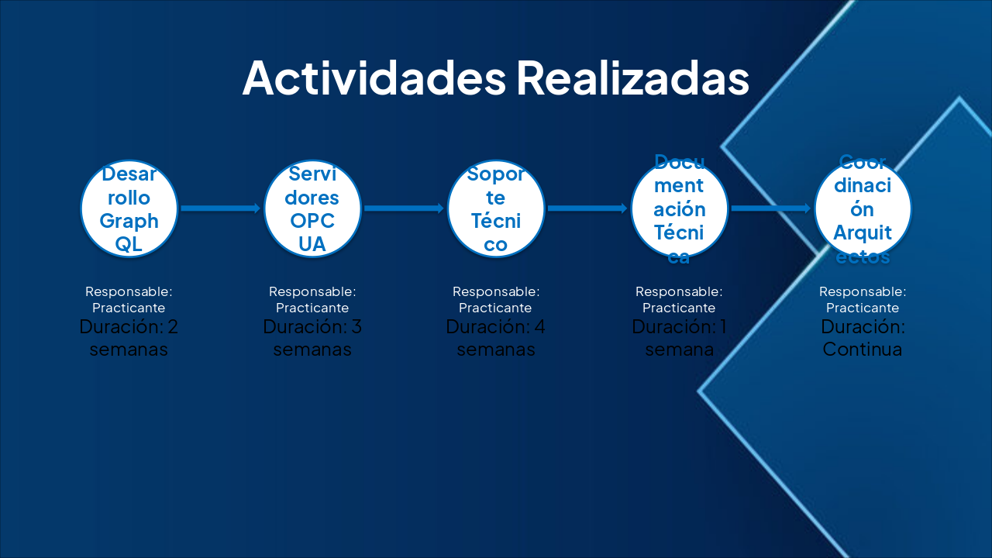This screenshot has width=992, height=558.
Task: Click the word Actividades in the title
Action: coord(374,77)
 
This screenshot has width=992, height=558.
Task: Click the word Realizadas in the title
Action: coord(632,77)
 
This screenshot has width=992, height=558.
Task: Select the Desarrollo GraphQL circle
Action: coord(129,208)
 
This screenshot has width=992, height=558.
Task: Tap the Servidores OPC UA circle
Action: coord(312,208)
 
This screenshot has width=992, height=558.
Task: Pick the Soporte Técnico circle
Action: coord(496,208)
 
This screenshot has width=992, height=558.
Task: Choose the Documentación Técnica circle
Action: coord(679,208)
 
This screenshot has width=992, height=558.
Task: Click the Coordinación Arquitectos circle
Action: coord(863,208)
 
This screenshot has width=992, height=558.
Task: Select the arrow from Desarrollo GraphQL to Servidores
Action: coord(221,208)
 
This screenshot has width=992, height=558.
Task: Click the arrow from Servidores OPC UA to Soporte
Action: coord(404,208)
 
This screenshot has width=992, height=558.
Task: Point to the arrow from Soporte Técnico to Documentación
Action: coord(587,208)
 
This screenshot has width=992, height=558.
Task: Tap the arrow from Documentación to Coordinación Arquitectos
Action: coord(771,208)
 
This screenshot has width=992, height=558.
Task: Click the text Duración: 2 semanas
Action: coord(129,338)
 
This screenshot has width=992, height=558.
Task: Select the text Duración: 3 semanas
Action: coord(312,338)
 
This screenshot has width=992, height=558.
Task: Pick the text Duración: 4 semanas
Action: coord(496,338)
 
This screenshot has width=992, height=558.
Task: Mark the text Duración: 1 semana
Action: coord(679,338)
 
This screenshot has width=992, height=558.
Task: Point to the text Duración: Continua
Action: coord(863,338)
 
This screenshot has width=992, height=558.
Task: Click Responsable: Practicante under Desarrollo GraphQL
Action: coord(129,299)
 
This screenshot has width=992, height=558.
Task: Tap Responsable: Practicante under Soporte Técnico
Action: coord(496,299)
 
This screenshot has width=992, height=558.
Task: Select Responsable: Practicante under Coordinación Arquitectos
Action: coord(863,299)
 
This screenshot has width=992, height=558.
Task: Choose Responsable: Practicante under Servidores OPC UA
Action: coord(312,299)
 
